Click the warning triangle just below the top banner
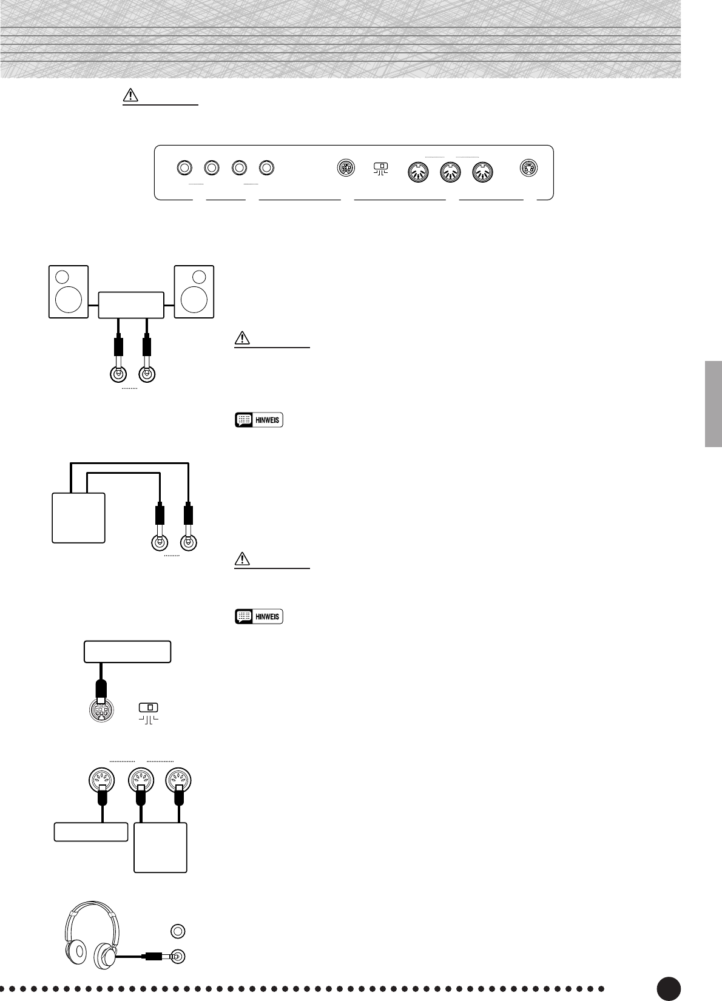pyautogui.click(x=131, y=96)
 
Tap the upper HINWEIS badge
pyautogui.click(x=259, y=420)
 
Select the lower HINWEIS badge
pyautogui.click(x=259, y=616)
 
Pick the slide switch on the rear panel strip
pyautogui.click(x=381, y=166)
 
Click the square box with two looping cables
pyautogui.click(x=79, y=517)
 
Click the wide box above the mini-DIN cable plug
pyautogui.click(x=127, y=652)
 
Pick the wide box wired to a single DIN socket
pyautogui.click(x=91, y=832)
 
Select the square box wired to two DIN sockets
pyautogui.click(x=160, y=848)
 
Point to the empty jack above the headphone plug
pyautogui.click(x=178, y=931)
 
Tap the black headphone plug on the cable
pyautogui.click(x=152, y=957)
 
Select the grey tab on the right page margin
pyautogui.click(x=714, y=404)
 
